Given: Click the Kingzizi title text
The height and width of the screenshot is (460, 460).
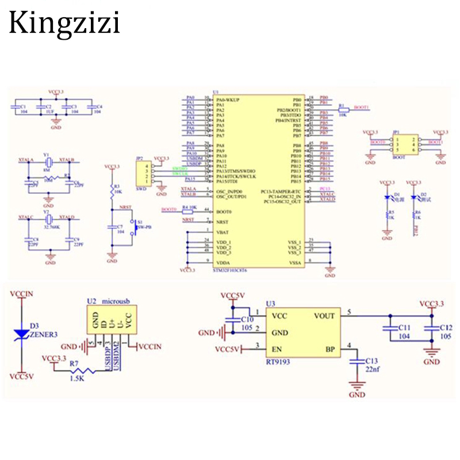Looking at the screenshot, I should click(64, 24).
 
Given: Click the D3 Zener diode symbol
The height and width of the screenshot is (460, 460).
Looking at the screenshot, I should click(22, 333).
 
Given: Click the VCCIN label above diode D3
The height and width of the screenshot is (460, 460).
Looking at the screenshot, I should click(22, 294).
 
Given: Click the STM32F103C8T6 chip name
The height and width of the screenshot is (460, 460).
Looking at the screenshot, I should click(230, 269).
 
